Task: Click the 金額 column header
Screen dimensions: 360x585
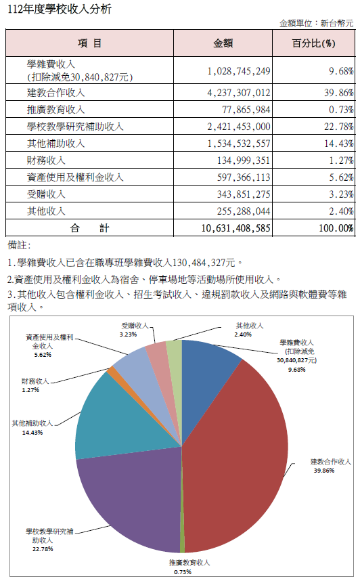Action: click(223, 43)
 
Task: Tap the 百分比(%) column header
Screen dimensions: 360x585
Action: click(313, 43)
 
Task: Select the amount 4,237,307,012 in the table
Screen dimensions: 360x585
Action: click(239, 93)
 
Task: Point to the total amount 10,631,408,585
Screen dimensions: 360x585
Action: click(235, 228)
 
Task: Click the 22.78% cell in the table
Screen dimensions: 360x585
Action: click(339, 127)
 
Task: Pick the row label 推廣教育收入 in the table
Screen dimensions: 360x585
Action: click(56, 110)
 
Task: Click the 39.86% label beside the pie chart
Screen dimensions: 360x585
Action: click(324, 471)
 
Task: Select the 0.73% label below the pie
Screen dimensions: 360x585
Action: click(183, 572)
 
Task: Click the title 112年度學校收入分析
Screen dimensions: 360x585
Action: click(60, 9)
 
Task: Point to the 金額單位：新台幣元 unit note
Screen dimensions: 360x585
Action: click(316, 24)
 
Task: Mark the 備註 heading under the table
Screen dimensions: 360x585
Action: click(19, 246)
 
